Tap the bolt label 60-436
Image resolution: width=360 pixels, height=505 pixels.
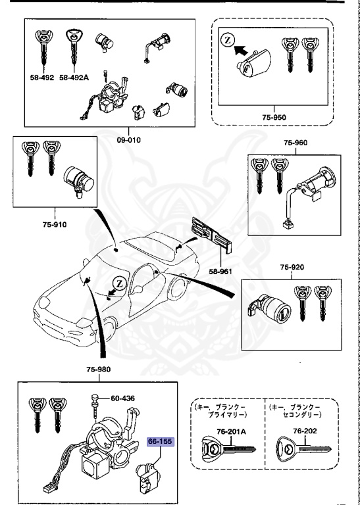[122, 398]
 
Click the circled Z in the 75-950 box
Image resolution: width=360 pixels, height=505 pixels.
[227, 40]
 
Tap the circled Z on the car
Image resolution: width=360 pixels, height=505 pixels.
[118, 283]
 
